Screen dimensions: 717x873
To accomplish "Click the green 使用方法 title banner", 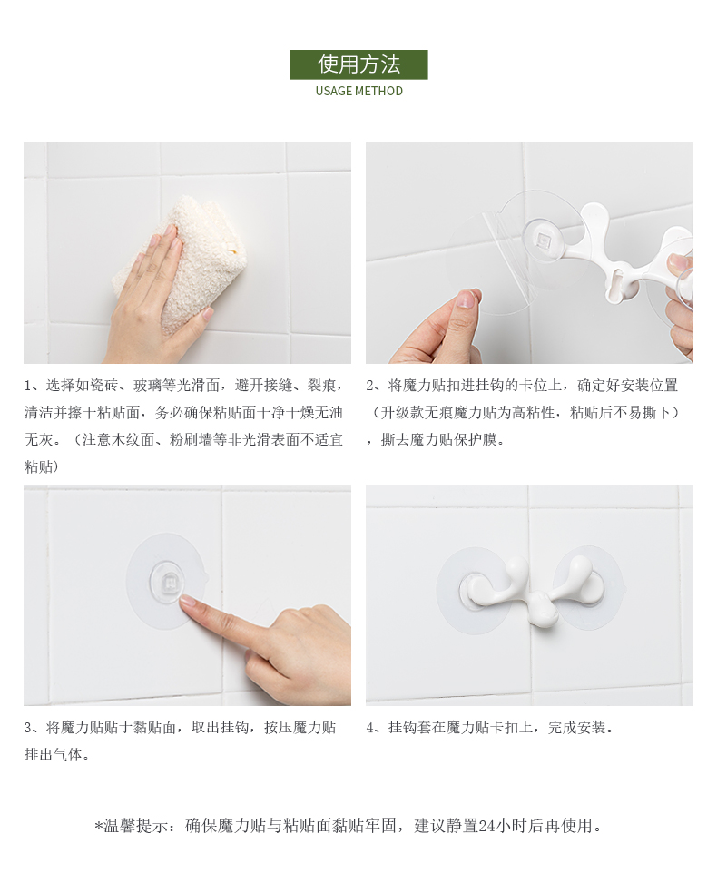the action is (x=358, y=64).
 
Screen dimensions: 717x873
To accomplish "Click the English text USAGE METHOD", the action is (x=359, y=91).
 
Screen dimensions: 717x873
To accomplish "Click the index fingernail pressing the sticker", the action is (x=188, y=600).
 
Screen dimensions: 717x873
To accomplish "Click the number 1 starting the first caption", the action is (x=28, y=386).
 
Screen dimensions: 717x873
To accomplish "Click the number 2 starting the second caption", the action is (x=370, y=386).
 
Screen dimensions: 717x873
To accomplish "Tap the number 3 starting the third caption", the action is (x=28, y=728).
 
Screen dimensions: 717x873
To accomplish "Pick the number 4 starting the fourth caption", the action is (x=370, y=728).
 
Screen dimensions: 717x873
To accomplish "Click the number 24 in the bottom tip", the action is (x=486, y=826).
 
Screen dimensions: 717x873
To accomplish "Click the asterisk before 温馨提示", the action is (x=99, y=826).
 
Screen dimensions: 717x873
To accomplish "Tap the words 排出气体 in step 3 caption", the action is (x=54, y=755).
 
